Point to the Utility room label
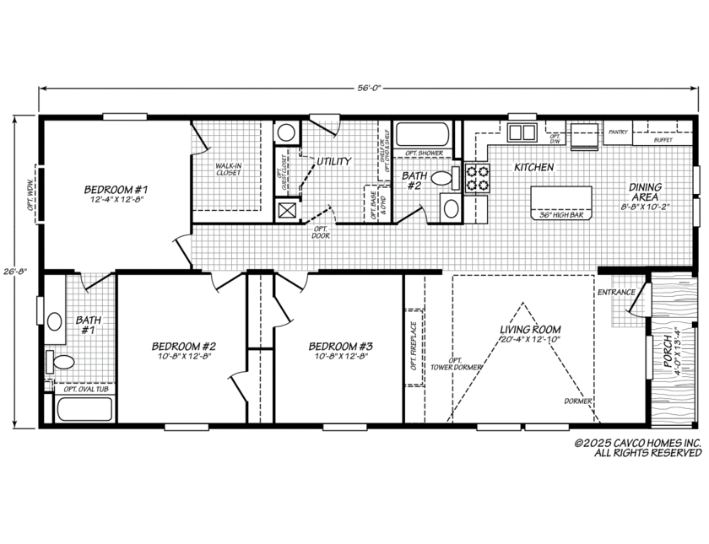tap(333, 161)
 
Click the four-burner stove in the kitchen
tap(478, 178)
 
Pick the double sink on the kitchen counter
tap(522, 132)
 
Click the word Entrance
tap(616, 292)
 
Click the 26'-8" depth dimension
tap(16, 272)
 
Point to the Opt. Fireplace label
tap(413, 346)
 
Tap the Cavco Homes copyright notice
tap(637, 448)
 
